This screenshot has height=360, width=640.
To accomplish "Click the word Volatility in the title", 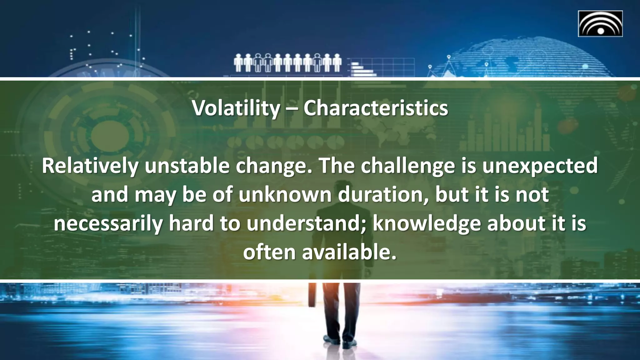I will [x=236, y=108].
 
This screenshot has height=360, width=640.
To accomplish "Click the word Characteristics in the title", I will [x=376, y=108].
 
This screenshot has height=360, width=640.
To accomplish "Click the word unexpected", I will [x=540, y=166].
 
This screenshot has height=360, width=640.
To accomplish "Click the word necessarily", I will [x=108, y=223].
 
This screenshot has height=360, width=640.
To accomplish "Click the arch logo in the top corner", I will [x=600, y=24].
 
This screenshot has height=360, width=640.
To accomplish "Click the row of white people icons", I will [x=287, y=62].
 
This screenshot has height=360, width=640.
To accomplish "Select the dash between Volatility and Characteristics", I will [x=292, y=109].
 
